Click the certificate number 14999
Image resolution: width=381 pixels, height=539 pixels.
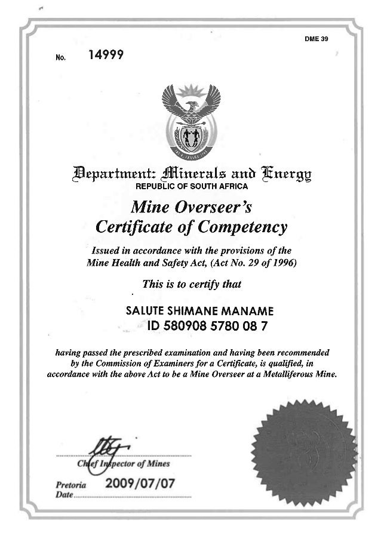pos(106,56)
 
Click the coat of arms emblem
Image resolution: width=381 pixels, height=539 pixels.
pos(192,119)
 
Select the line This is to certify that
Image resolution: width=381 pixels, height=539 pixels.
pos(191,285)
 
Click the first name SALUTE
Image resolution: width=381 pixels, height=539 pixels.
pos(145,310)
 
